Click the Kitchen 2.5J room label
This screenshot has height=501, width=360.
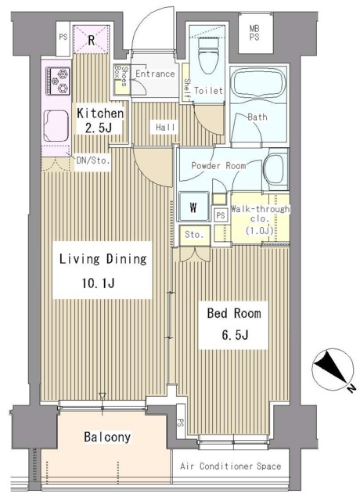click(99, 119)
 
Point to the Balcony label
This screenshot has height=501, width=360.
click(107, 437)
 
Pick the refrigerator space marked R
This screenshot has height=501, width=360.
click(92, 39)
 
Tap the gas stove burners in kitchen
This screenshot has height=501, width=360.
click(58, 79)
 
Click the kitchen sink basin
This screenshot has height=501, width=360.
click(57, 124)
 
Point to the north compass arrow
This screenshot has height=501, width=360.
click(333, 370)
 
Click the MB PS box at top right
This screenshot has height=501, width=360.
click(254, 33)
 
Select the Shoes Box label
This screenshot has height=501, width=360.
click(121, 79)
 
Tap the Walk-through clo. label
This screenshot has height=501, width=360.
click(260, 220)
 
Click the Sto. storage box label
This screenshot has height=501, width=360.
click(194, 234)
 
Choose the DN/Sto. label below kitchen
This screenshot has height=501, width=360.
click(93, 161)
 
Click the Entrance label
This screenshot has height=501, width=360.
click(154, 74)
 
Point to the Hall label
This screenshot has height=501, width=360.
click(164, 126)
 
